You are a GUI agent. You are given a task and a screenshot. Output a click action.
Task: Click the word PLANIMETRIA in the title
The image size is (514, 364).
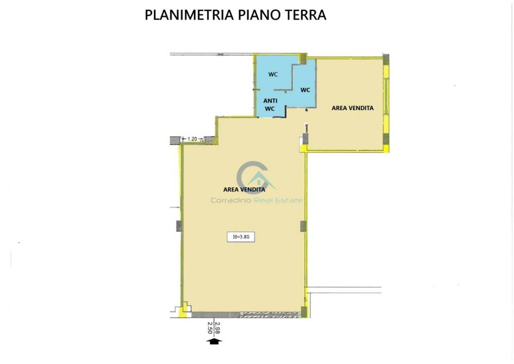(x=189, y=15)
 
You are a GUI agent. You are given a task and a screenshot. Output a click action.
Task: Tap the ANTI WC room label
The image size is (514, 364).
(x=270, y=105)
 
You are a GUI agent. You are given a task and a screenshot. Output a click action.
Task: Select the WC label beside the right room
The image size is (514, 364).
(x=305, y=90)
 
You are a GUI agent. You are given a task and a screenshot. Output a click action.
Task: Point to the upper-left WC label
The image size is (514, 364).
(x=273, y=74)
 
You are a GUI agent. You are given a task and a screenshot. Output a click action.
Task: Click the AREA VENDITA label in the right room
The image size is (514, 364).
(x=353, y=108)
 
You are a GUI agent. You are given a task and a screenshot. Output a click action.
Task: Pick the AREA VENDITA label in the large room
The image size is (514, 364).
(x=244, y=189)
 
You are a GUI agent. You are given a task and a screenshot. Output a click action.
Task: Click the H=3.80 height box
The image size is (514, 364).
(x=241, y=237)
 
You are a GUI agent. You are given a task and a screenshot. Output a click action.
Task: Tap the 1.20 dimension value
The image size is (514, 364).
(x=192, y=139)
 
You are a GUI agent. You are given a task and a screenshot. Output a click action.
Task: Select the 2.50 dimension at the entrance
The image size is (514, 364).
(x=210, y=327)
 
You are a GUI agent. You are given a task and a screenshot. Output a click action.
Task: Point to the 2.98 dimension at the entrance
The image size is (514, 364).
(x=217, y=327)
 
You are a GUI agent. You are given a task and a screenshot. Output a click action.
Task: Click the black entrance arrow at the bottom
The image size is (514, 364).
(x=214, y=341)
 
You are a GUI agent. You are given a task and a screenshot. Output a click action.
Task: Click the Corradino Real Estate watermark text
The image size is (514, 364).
(x=256, y=200)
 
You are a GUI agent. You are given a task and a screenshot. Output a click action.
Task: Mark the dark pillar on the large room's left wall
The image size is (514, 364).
(x=179, y=226)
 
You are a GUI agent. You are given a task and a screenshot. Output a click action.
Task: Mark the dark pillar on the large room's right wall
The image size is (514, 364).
(x=304, y=226)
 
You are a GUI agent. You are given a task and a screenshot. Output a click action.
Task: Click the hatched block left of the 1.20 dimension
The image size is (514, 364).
(x=175, y=140)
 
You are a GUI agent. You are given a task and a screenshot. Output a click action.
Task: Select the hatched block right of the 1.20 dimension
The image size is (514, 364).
(x=211, y=140)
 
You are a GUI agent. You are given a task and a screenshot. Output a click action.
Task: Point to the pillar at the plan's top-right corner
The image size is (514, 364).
(x=386, y=59)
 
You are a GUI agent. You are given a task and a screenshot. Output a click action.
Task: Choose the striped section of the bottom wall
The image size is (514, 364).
(x=270, y=315)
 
